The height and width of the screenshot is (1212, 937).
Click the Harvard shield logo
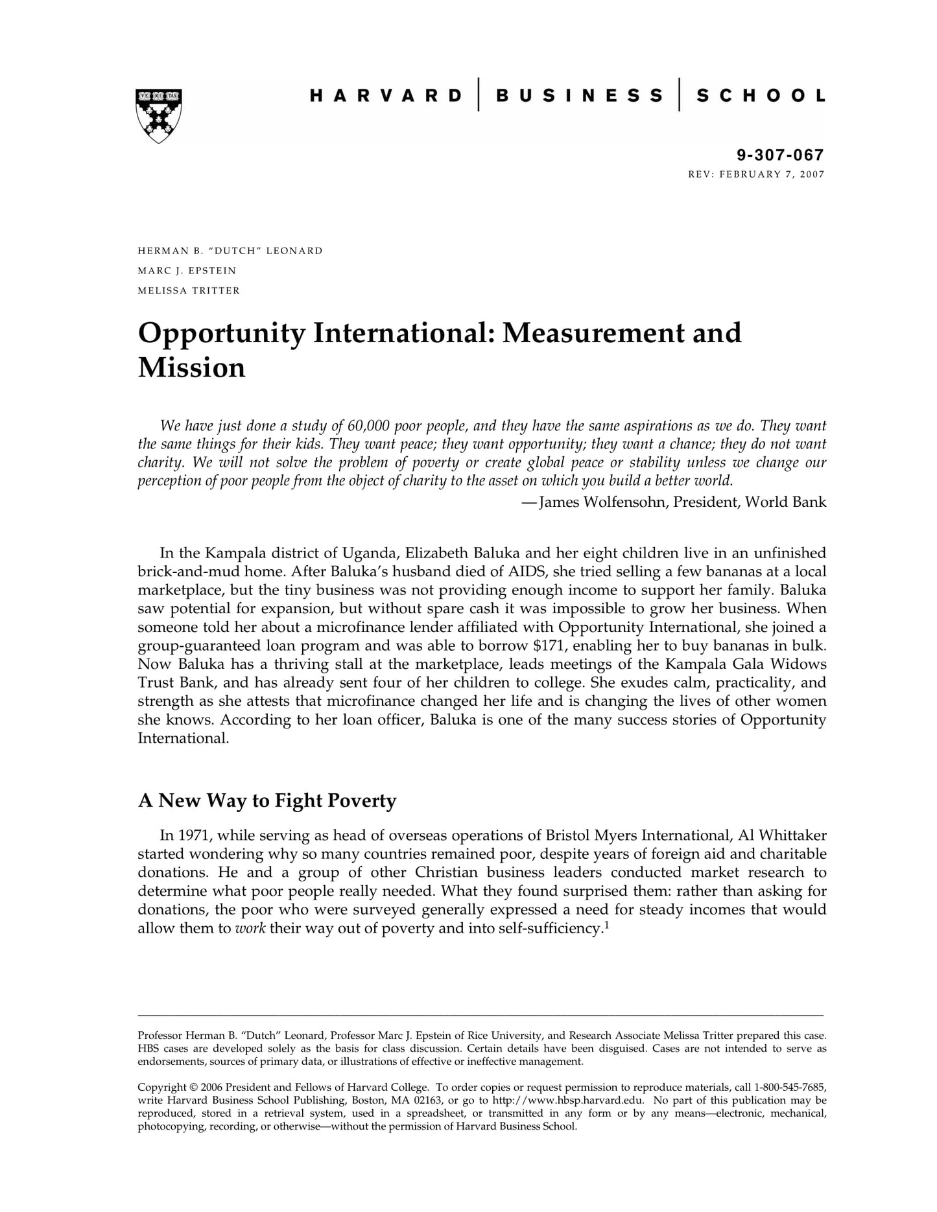(x=159, y=115)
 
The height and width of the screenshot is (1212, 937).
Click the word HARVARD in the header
(x=386, y=96)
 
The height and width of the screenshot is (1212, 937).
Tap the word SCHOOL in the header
(x=761, y=96)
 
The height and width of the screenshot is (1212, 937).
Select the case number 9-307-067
(x=780, y=155)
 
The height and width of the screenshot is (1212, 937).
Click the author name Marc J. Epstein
(x=187, y=270)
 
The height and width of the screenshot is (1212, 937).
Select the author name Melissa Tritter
(x=189, y=290)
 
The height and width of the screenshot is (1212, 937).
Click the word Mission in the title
(x=192, y=367)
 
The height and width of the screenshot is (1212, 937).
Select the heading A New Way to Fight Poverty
(x=267, y=801)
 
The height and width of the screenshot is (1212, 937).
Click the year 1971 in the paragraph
(x=194, y=835)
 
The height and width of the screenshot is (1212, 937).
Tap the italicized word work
(x=250, y=929)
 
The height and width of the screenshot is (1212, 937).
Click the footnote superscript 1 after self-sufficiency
(x=606, y=925)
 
